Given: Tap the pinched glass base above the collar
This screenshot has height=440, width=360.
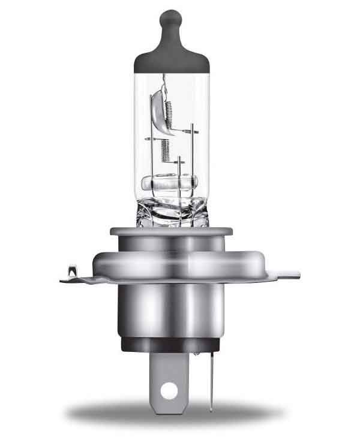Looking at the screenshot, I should [171, 210].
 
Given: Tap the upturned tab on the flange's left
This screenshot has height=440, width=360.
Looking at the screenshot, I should [72, 273].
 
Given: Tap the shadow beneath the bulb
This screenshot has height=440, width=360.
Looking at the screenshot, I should [174, 414].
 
